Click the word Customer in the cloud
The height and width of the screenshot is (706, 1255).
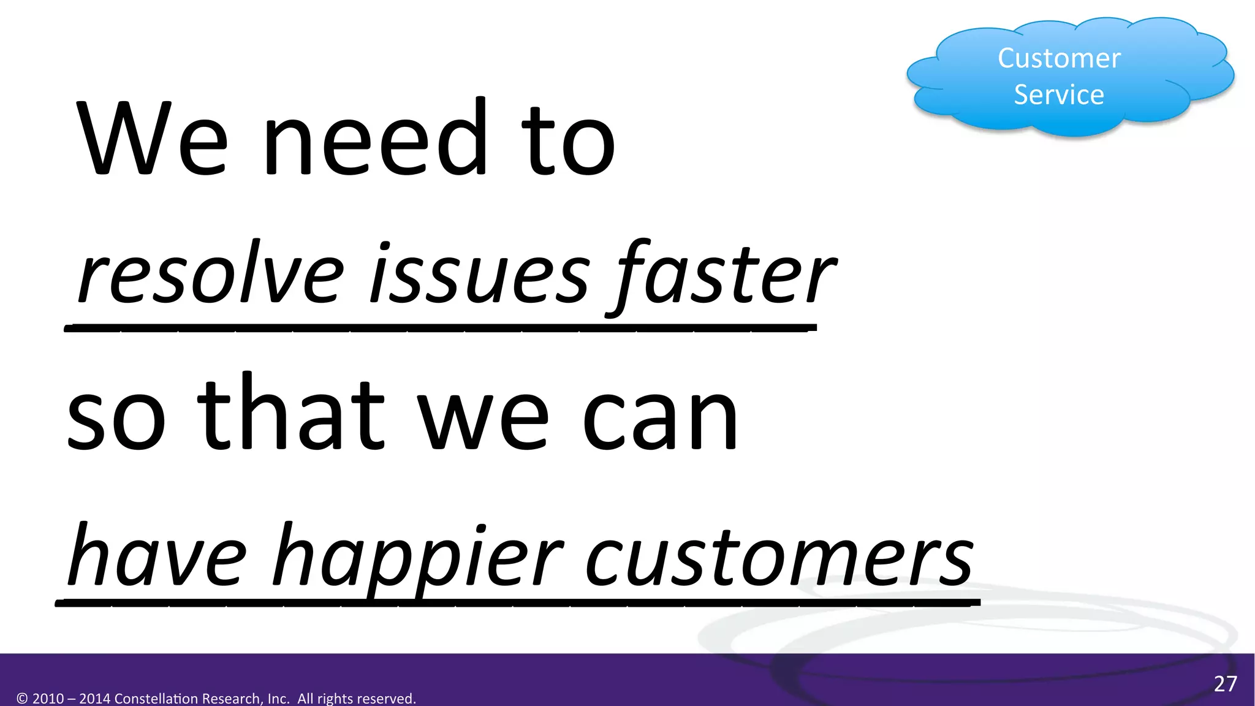coord(1059,59)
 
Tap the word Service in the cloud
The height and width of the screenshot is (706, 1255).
coord(1059,95)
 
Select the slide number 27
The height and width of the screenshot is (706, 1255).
coord(1225,684)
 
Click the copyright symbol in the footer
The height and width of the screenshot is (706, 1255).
coord(23,699)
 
